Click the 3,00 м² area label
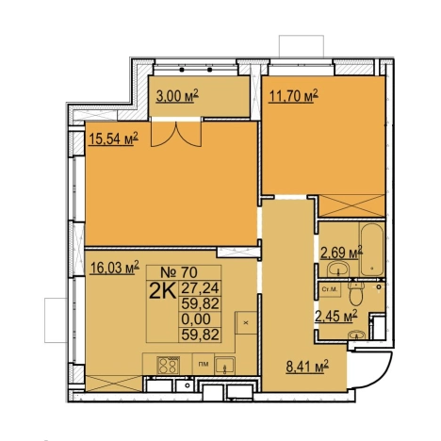tap(177, 96)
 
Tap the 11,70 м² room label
tap(293, 96)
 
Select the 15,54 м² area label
tap(114, 139)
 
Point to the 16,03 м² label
tap(114, 268)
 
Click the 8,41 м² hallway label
tap(307, 367)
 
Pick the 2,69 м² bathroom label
tap(341, 253)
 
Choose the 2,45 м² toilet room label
tap(336, 316)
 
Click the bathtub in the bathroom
tap(371, 250)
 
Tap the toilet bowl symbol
tap(356, 293)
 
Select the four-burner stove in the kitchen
tap(168, 366)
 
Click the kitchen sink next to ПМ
tap(224, 366)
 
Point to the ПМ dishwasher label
tap(204, 365)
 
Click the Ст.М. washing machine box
tap(329, 289)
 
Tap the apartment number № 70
tap(179, 272)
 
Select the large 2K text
tap(162, 291)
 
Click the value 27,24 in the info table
tap(200, 287)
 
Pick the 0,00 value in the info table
tap(196, 319)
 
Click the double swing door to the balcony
tap(176, 134)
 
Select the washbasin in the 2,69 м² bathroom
tap(337, 269)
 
